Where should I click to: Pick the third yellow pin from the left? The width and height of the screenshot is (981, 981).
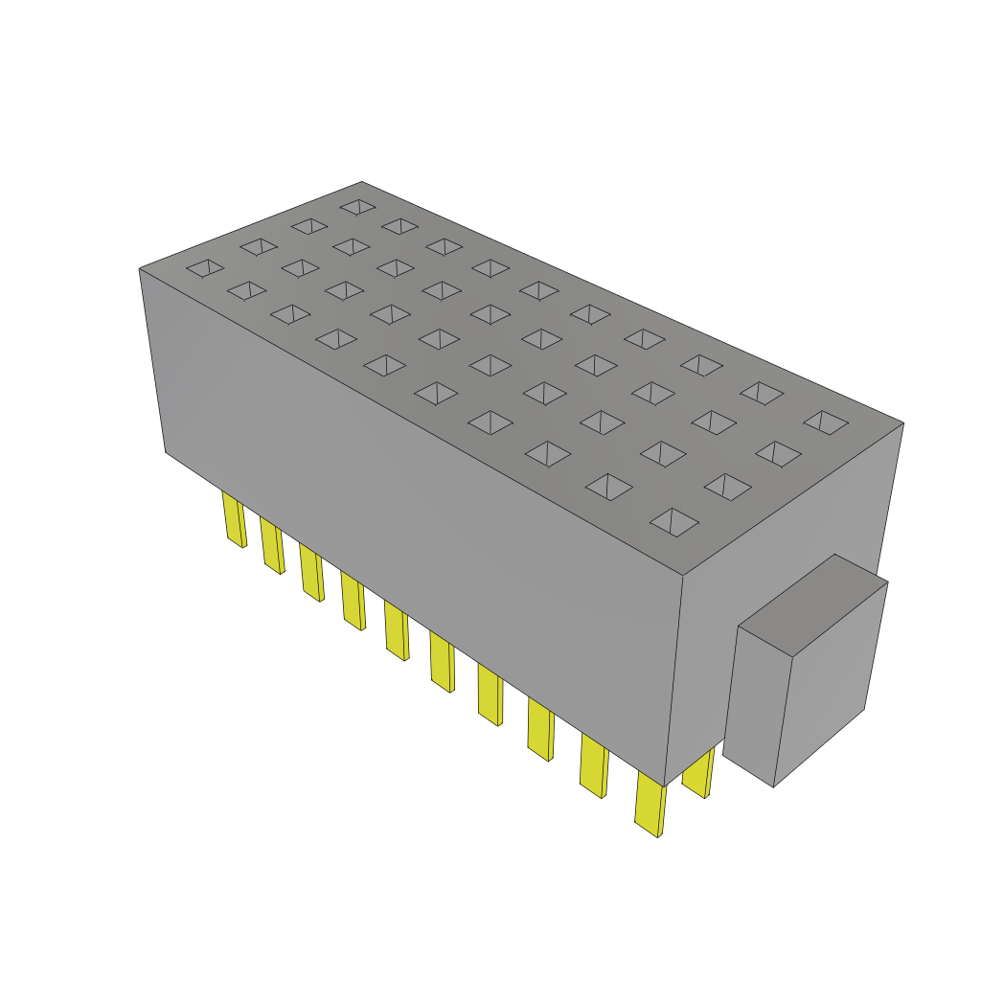click(x=310, y=572)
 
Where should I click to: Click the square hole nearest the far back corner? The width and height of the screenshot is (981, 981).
click(x=357, y=206)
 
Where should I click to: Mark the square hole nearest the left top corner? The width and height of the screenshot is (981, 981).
click(x=204, y=268)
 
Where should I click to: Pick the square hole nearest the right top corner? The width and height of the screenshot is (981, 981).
click(x=826, y=422)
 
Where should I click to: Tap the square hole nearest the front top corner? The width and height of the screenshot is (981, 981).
click(x=674, y=520)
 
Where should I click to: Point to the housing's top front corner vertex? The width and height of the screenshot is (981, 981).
click(x=683, y=577)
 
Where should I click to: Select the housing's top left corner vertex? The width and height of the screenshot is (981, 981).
click(x=140, y=268)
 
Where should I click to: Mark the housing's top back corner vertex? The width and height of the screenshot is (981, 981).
click(x=362, y=181)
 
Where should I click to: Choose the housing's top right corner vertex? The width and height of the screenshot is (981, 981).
click(x=903, y=422)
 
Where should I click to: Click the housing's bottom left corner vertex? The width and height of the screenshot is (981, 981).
click(x=165, y=452)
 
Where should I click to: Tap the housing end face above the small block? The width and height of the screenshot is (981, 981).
click(x=786, y=536)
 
